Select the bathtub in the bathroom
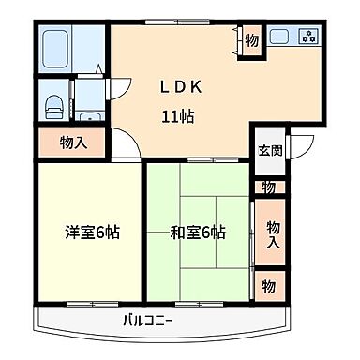[x=58, y=47]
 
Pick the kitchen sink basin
[x=279, y=38]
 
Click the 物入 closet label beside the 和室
[x=272, y=233]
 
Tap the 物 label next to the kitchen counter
[x=250, y=40]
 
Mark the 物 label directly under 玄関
[x=269, y=187]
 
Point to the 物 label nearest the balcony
[x=269, y=284]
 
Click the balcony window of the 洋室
[x=91, y=304]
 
